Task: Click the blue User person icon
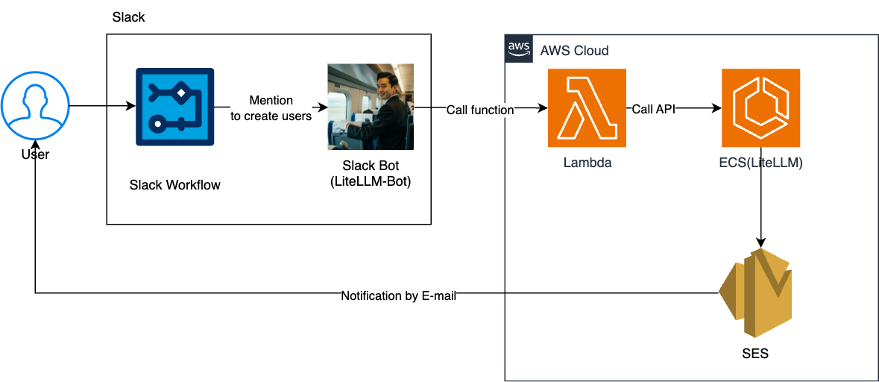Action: pyautogui.click(x=35, y=107)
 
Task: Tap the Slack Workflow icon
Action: pyautogui.click(x=174, y=107)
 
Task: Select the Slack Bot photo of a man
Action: pyautogui.click(x=371, y=107)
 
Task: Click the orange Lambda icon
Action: pyautogui.click(x=587, y=107)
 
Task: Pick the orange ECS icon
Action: pyautogui.click(x=760, y=107)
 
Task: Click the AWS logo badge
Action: pyautogui.click(x=518, y=49)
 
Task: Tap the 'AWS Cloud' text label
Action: pyautogui.click(x=574, y=51)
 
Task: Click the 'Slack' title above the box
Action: pyautogui.click(x=128, y=17)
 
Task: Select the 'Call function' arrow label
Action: pyautogui.click(x=480, y=110)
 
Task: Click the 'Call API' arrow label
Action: pyautogui.click(x=653, y=108)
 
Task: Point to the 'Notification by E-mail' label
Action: pyautogui.click(x=398, y=295)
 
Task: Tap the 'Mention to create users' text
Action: pyautogui.click(x=271, y=108)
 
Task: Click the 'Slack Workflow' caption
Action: pyautogui.click(x=175, y=185)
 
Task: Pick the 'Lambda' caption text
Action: pyautogui.click(x=587, y=163)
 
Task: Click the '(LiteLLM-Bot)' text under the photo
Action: pyautogui.click(x=370, y=181)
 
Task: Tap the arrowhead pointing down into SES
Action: pyautogui.click(x=760, y=242)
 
